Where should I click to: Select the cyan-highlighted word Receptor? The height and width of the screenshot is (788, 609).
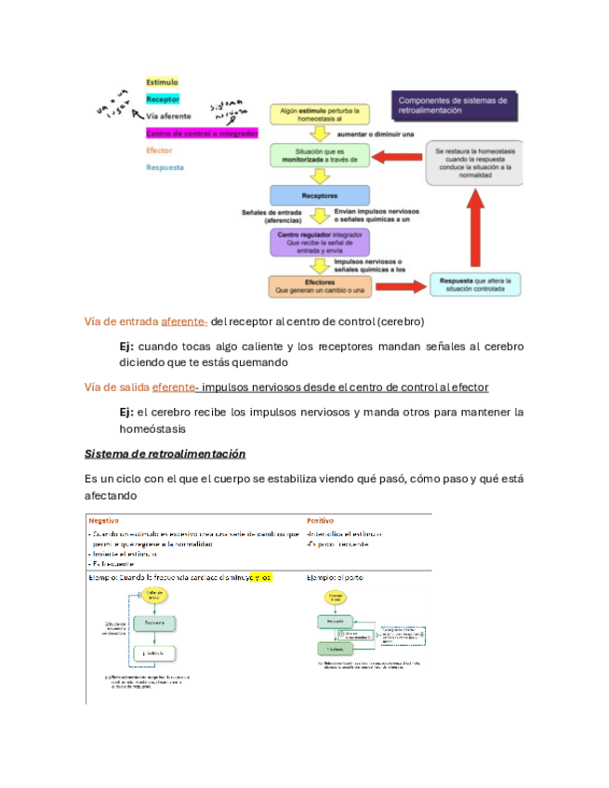pos(162,99)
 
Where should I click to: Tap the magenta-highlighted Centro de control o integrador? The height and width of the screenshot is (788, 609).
pos(189,133)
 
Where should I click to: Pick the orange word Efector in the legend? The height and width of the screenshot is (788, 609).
pos(159,151)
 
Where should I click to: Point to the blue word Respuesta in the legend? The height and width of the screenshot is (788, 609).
pos(165,167)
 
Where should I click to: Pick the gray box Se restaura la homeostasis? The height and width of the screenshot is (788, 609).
pos(473,163)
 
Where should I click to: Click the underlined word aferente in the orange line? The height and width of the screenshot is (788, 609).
pos(184,322)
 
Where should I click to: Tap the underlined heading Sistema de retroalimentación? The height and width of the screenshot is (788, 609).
pos(165,453)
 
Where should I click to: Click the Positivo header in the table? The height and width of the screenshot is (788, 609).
pos(321,521)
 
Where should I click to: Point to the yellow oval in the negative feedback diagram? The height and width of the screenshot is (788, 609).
pos(155,595)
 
